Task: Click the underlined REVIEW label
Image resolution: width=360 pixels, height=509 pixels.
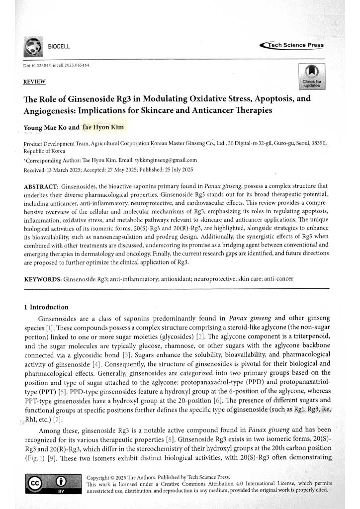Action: pyautogui.click(x=34, y=81)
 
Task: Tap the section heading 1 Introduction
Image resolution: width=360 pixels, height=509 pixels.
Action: pyautogui.click(x=46, y=307)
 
